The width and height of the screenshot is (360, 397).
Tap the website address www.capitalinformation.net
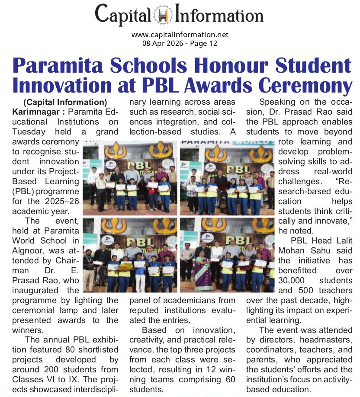point(180,35)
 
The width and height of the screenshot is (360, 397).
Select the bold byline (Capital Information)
point(65,102)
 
